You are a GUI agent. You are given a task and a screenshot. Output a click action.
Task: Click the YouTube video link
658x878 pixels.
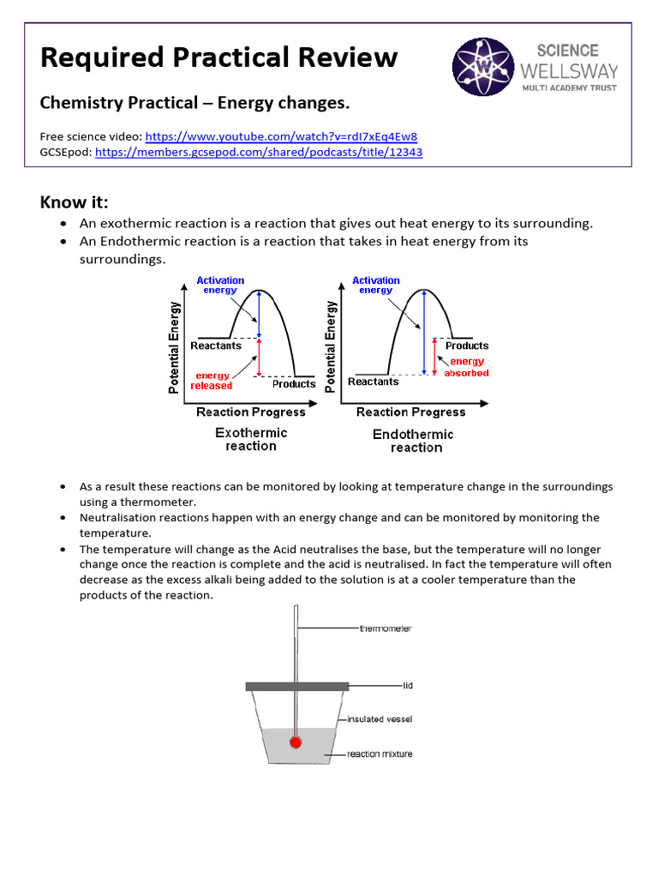[281, 136]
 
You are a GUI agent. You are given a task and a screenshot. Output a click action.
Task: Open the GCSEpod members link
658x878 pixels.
[258, 152]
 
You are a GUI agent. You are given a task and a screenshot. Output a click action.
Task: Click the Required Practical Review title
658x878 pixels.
[218, 57]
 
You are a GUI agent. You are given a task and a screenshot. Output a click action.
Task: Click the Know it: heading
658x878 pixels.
[75, 201]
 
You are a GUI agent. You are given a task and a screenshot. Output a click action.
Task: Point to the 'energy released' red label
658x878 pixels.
[212, 381]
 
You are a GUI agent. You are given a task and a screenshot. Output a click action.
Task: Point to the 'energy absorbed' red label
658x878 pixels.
[467, 368]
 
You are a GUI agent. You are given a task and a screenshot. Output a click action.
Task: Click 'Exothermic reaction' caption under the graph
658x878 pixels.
[251, 439]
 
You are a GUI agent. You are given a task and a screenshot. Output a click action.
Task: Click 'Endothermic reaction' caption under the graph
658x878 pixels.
[414, 441]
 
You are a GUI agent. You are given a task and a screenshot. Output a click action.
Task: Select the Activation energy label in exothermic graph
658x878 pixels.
[220, 286]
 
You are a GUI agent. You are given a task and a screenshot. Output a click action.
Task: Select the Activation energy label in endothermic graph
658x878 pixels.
[376, 286]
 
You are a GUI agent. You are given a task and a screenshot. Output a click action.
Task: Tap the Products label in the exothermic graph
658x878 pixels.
[294, 384]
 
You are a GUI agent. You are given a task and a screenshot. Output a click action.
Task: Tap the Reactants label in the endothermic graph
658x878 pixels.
[374, 382]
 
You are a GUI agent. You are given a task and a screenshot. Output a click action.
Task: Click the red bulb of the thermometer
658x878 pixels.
[296, 742]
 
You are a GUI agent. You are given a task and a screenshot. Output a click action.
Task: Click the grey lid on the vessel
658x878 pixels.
[296, 686]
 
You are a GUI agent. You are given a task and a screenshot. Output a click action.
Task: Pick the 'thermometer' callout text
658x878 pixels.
[386, 628]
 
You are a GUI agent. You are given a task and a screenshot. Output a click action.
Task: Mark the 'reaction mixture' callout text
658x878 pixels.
[380, 755]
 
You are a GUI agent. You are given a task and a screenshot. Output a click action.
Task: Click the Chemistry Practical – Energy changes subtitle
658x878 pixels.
[195, 103]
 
